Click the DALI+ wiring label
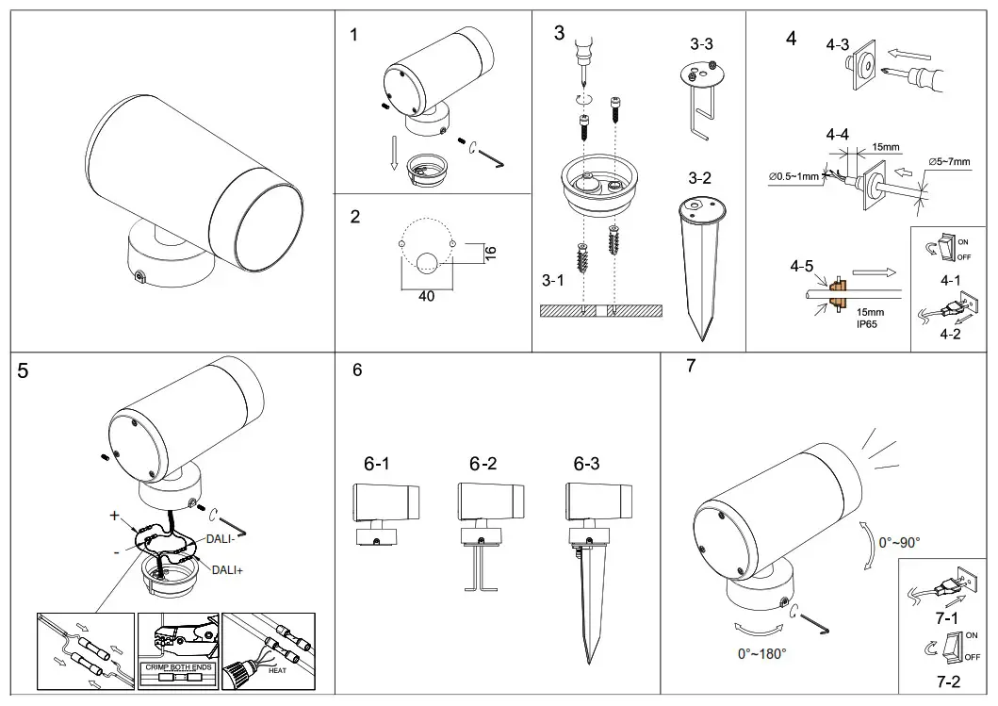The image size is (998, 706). [x=228, y=569]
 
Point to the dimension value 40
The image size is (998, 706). [x=426, y=296]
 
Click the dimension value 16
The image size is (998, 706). [x=489, y=253]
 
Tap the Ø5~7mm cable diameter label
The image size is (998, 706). [x=949, y=162]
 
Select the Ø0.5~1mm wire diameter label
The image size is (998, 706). [x=794, y=176]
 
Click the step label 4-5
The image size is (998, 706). [x=802, y=266]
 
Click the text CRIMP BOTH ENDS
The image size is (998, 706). [x=178, y=666]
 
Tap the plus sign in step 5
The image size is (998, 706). [x=114, y=516]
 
